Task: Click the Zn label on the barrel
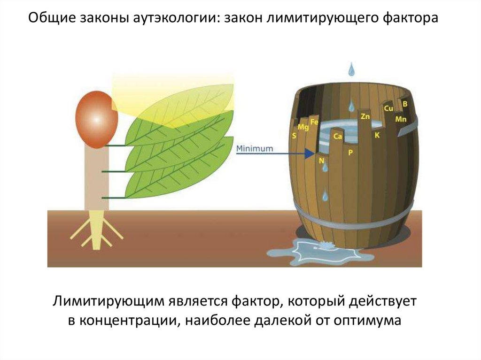[x=365, y=115]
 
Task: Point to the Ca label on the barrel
[x=337, y=137]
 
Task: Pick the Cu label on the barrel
[x=388, y=108]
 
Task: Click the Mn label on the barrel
[x=401, y=119]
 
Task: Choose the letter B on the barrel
[x=405, y=103]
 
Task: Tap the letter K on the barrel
[x=376, y=135]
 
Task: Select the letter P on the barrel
[x=350, y=153]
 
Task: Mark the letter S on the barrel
[x=294, y=136]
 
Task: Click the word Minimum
[x=254, y=148]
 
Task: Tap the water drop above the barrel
[x=351, y=69]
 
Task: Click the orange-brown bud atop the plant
[x=96, y=119]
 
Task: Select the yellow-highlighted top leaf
[x=188, y=106]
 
